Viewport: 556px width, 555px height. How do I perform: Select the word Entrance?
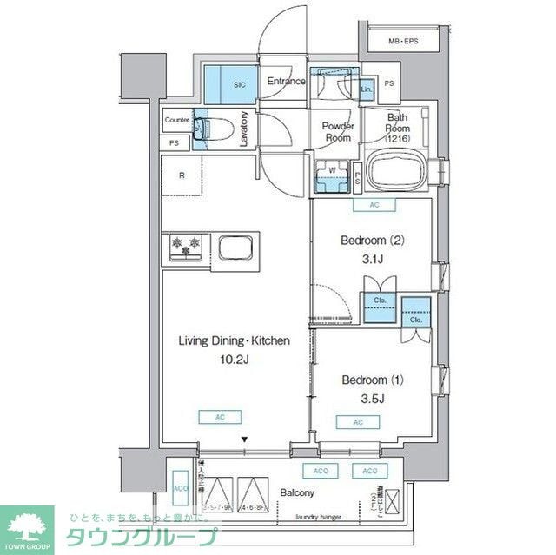click(x=286, y=82)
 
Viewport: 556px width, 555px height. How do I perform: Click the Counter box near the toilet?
click(x=176, y=120)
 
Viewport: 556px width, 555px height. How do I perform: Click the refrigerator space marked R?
click(x=182, y=176)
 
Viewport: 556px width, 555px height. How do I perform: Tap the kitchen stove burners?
click(x=185, y=247)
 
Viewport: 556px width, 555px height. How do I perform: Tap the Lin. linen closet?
click(x=367, y=89)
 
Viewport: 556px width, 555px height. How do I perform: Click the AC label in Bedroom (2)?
click(x=374, y=206)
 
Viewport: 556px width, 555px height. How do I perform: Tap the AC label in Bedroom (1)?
click(x=358, y=422)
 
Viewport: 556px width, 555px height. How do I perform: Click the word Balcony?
click(x=297, y=492)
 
